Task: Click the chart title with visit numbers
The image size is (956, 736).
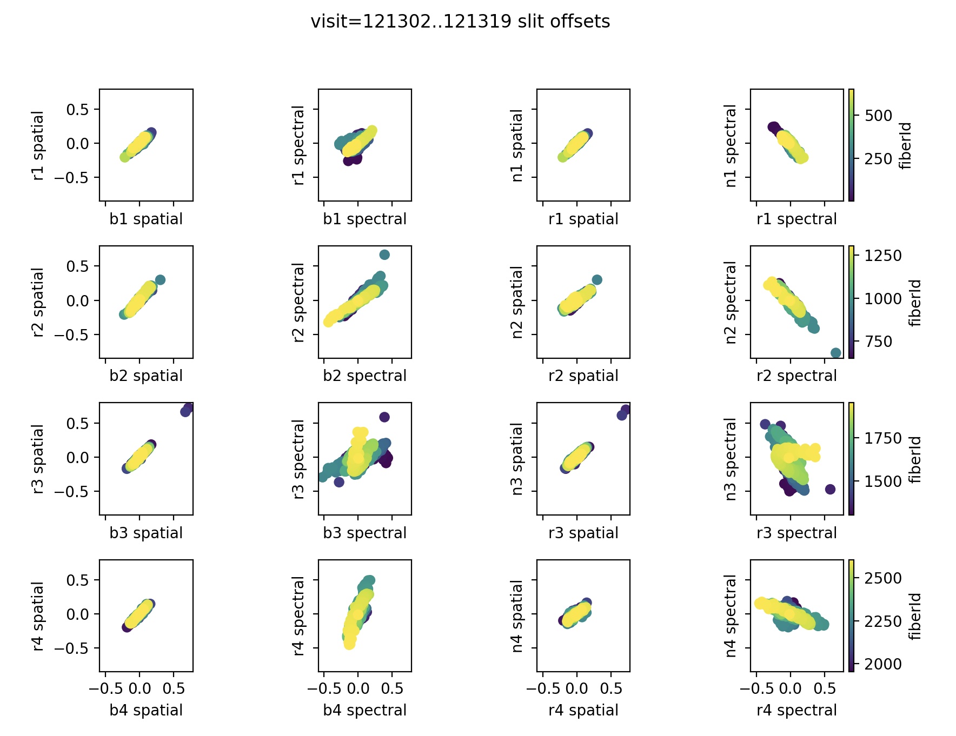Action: [460, 22]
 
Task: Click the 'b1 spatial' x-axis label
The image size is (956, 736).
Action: [146, 219]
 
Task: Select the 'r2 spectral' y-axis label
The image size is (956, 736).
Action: [298, 302]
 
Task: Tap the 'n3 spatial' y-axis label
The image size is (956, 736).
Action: [517, 459]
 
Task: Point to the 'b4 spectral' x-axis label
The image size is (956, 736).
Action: [364, 710]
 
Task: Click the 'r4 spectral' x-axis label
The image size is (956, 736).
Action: [796, 710]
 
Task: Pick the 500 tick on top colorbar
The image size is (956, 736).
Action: [878, 116]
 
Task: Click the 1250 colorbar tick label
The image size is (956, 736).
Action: [883, 255]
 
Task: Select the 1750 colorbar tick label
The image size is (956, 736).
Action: [883, 438]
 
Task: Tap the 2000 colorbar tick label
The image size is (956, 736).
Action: [883, 664]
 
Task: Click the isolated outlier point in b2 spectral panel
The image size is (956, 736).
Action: [384, 255]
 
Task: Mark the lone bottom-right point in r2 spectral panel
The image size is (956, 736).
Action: [835, 353]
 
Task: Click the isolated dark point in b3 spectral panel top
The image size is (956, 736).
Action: [384, 417]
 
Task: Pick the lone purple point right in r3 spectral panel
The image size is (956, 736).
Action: [830, 489]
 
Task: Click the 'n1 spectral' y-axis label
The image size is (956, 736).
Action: [731, 145]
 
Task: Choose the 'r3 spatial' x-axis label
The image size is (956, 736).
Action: [583, 533]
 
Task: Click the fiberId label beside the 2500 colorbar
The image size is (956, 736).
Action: [914, 616]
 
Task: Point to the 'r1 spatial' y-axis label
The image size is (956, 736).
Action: [38, 145]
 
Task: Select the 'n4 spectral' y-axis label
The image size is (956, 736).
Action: [731, 616]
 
